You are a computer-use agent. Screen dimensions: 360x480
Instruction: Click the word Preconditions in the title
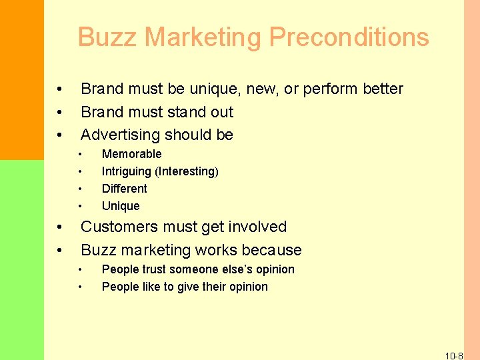(x=349, y=37)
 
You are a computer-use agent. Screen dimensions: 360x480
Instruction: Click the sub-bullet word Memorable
(x=131, y=154)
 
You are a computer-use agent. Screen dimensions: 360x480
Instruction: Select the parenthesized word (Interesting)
(x=187, y=171)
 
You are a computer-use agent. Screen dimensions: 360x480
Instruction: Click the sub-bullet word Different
(x=124, y=189)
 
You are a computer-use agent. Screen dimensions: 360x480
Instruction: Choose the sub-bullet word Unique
(x=121, y=206)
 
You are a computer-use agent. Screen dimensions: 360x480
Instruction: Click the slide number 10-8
(x=454, y=356)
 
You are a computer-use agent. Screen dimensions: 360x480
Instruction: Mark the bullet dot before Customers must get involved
(x=60, y=227)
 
